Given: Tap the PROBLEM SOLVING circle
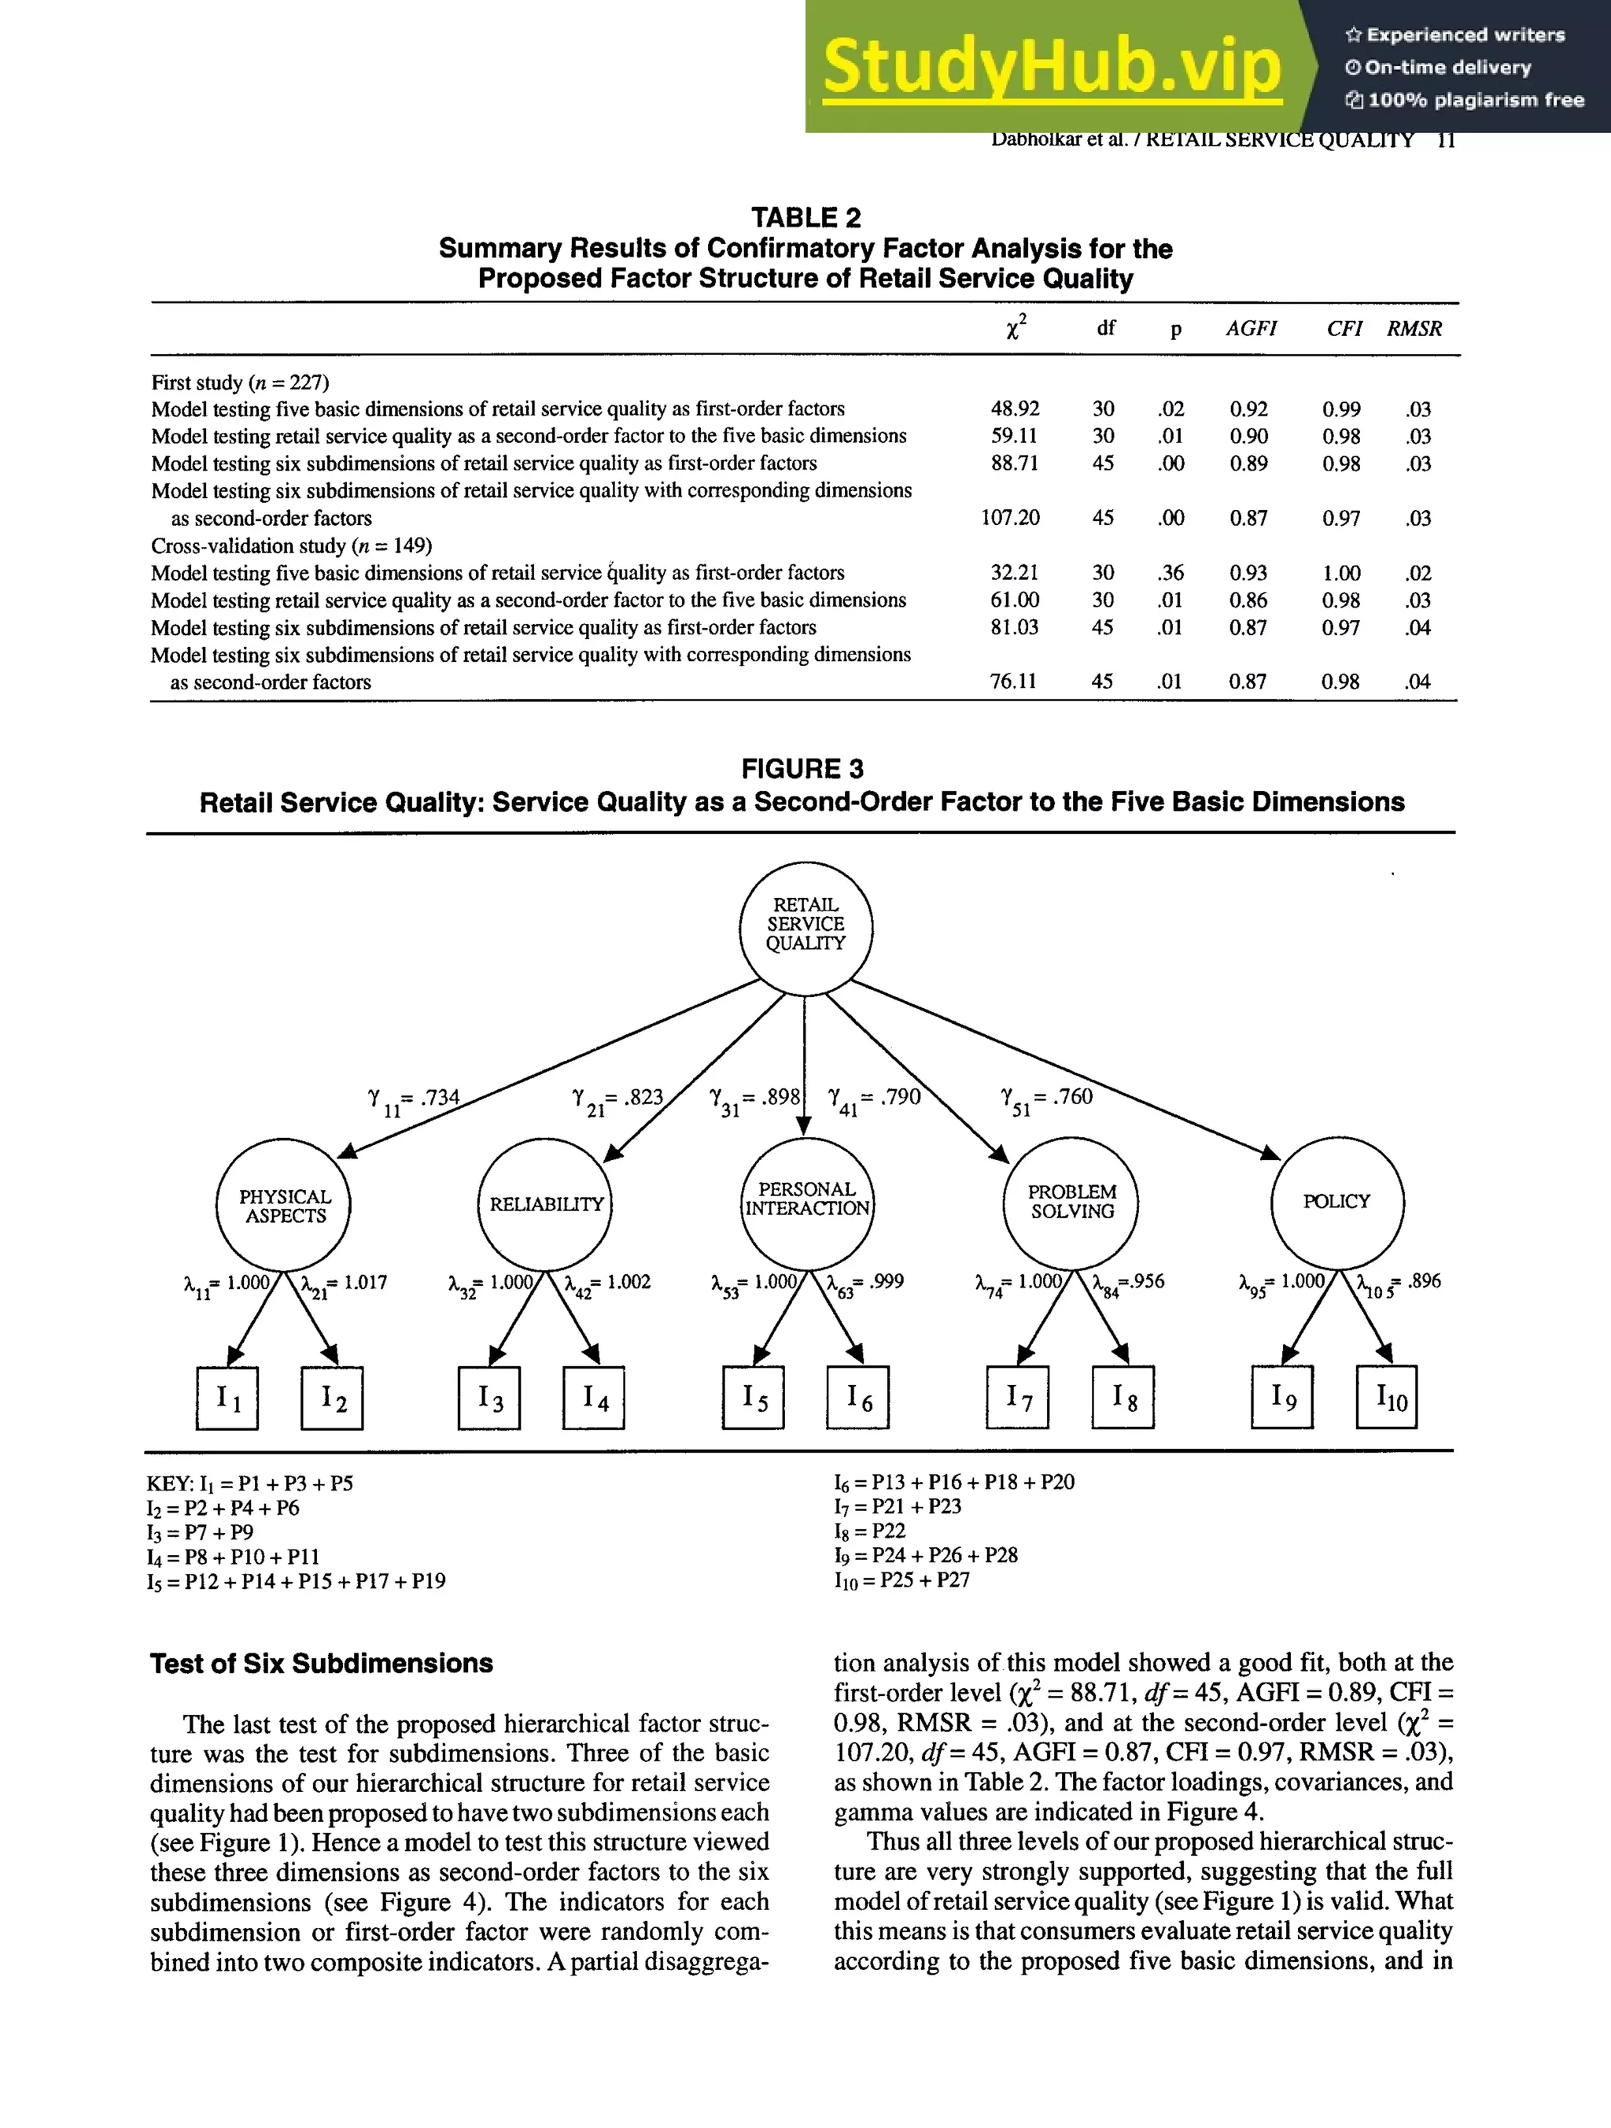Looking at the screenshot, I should point(1071,1203).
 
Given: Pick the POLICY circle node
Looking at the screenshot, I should point(1336,1202).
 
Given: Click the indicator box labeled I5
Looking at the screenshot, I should point(753,1397).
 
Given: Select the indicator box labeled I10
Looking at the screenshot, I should point(1386,1397).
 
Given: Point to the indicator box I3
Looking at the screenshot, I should point(489,1398).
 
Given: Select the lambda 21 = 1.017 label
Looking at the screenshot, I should point(343,1284).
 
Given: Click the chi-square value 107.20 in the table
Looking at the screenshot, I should point(1010,518).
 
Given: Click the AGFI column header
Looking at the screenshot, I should point(1250,328).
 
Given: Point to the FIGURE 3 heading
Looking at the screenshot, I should point(802,769).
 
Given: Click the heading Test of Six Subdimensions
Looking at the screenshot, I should point(321,1664).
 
